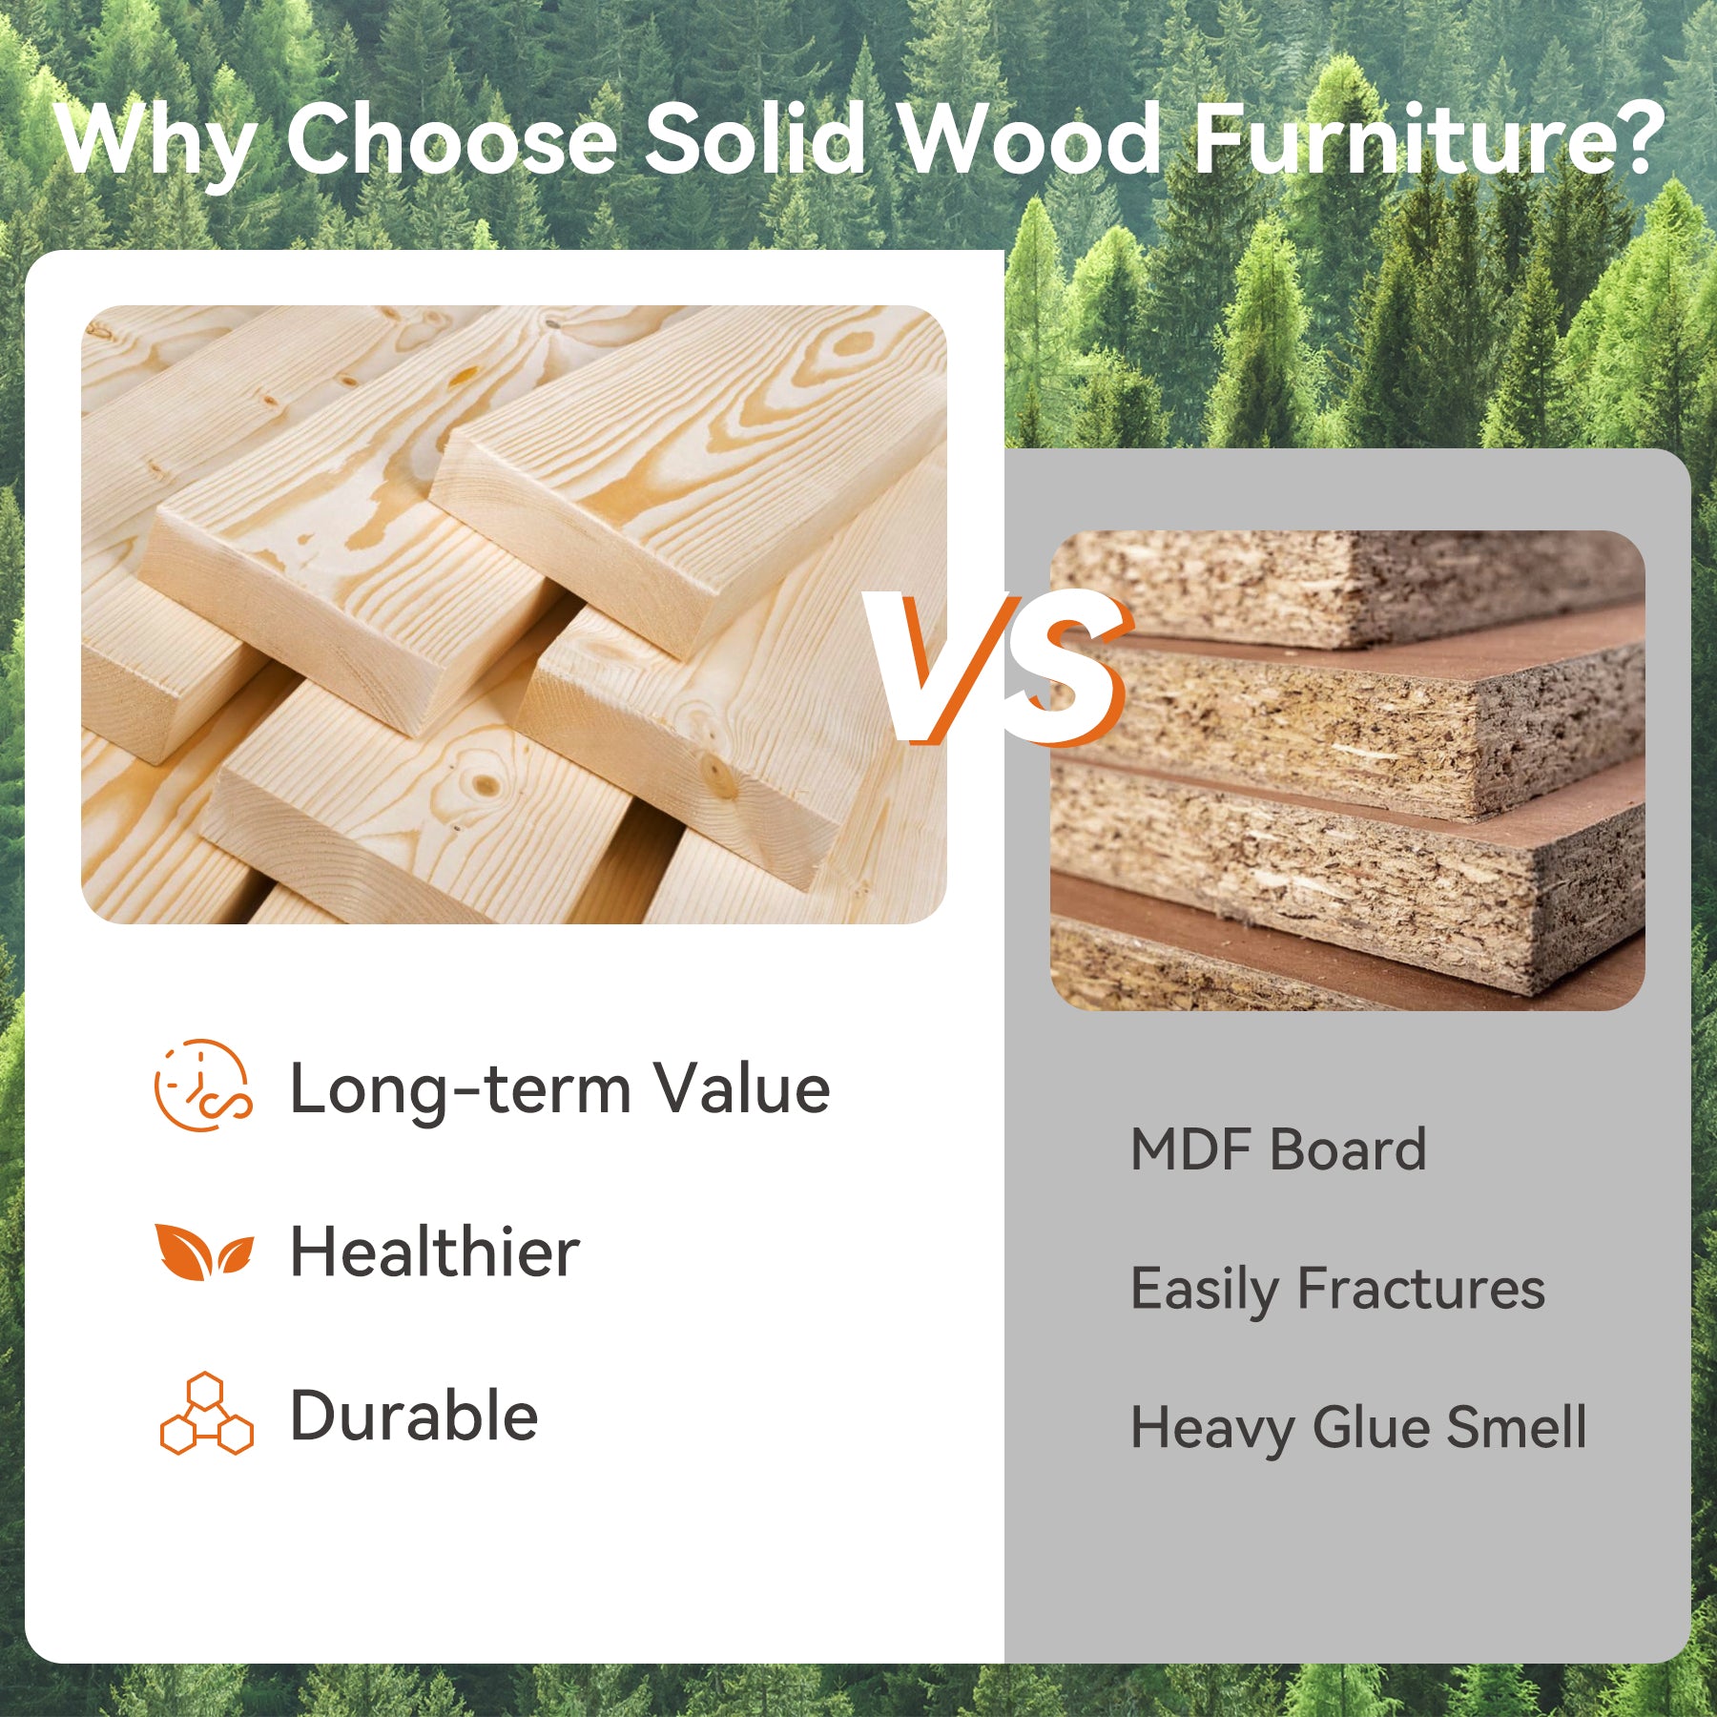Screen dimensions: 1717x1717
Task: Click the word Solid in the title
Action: pos(755,138)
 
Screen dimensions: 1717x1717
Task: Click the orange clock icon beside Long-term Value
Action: pos(203,1086)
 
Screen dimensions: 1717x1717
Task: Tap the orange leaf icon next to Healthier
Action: pos(204,1251)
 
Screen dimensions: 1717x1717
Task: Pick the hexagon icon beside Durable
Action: pos(206,1414)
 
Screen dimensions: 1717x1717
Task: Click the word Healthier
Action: pos(435,1252)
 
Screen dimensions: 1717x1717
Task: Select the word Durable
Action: pos(415,1416)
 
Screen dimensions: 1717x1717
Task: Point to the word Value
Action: pos(741,1087)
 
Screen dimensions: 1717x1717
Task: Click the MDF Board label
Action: pos(1278,1149)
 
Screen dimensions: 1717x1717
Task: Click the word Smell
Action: pos(1517,1427)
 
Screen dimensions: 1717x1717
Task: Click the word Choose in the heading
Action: pos(451,138)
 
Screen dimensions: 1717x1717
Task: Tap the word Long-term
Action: pos(461,1089)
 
